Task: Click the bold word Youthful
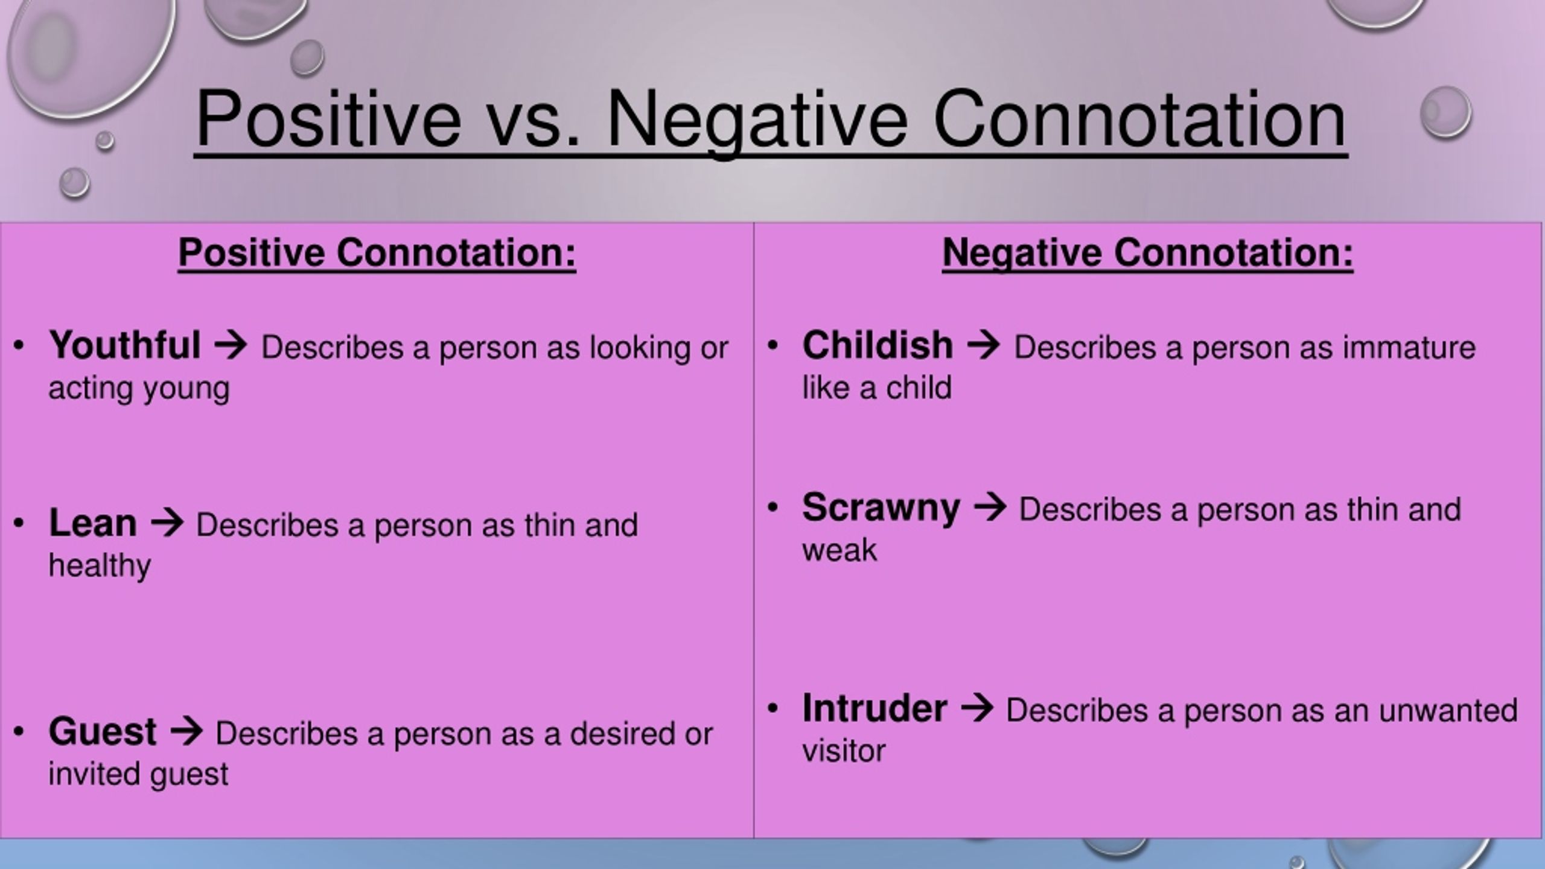[x=124, y=345]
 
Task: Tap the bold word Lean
[x=92, y=523]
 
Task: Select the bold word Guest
[x=103, y=731]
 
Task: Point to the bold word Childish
[x=878, y=345]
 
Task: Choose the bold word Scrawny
[x=881, y=509]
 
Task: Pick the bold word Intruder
[x=874, y=708]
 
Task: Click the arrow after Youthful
[x=231, y=346]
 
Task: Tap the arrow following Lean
[x=167, y=523]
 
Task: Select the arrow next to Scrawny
[x=990, y=508]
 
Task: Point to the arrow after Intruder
[x=976, y=708]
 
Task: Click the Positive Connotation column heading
[x=377, y=253]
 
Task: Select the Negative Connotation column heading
[x=1147, y=253]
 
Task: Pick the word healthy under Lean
[x=100, y=566]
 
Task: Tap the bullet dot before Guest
[x=19, y=731]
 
